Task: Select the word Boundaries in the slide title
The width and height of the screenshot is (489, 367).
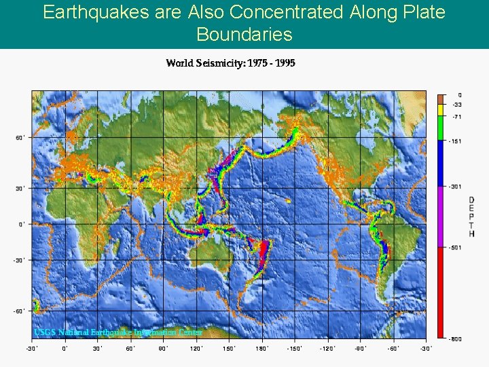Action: click(x=244, y=34)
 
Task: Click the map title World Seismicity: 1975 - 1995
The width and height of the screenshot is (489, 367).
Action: click(x=230, y=63)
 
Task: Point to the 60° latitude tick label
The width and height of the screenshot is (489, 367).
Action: click(x=20, y=138)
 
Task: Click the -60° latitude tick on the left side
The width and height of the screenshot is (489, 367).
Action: click(x=19, y=311)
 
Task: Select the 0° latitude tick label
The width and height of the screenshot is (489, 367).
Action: click(x=21, y=224)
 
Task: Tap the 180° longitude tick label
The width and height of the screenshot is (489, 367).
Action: click(x=261, y=349)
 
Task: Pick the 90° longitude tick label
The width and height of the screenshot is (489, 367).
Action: click(x=163, y=349)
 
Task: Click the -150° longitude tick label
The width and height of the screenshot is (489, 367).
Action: click(x=294, y=349)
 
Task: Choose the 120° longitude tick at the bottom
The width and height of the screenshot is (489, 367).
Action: click(x=196, y=349)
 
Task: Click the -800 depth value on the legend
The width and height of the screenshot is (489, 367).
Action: click(x=454, y=338)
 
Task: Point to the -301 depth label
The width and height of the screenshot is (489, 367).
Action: click(x=454, y=186)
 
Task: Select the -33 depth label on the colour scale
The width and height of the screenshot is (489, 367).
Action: click(x=457, y=105)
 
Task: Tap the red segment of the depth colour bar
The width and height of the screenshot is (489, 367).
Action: click(x=441, y=292)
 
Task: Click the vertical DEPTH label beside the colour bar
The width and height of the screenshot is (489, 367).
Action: click(x=471, y=217)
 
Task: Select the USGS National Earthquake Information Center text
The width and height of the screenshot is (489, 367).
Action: click(x=118, y=332)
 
